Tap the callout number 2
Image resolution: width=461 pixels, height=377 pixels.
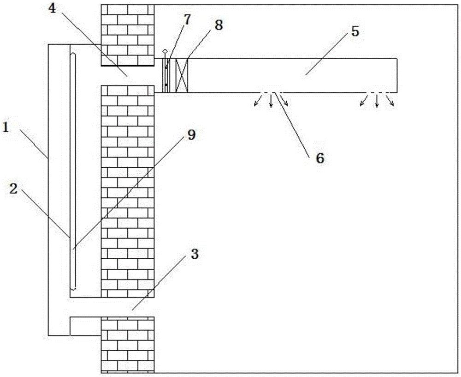click(x=13, y=189)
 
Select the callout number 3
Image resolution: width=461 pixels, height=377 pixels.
click(x=195, y=254)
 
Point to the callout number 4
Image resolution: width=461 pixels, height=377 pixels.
click(x=52, y=8)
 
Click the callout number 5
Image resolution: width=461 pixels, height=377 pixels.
click(x=355, y=31)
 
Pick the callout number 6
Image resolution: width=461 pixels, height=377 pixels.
click(x=320, y=158)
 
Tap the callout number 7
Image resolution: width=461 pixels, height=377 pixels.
click(x=187, y=20)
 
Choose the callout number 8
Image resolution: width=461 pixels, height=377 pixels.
click(x=219, y=25)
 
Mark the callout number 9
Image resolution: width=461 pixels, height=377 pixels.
click(x=191, y=135)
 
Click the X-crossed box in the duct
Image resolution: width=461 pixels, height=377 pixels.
click(x=182, y=75)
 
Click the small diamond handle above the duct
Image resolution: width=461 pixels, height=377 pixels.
click(x=165, y=52)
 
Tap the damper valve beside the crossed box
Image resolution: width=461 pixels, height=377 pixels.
click(x=166, y=75)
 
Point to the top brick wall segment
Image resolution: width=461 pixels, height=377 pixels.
click(x=128, y=35)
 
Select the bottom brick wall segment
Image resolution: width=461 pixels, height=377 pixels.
click(x=128, y=345)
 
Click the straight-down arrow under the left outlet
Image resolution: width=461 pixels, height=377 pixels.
click(x=271, y=101)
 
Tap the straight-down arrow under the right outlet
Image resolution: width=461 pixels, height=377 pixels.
click(x=377, y=101)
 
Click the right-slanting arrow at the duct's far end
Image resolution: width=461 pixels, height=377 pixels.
click(x=390, y=100)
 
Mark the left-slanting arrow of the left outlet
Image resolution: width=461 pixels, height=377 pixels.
click(x=258, y=100)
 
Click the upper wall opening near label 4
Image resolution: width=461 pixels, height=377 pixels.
click(x=128, y=75)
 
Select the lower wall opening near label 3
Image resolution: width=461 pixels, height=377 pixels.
click(x=128, y=307)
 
